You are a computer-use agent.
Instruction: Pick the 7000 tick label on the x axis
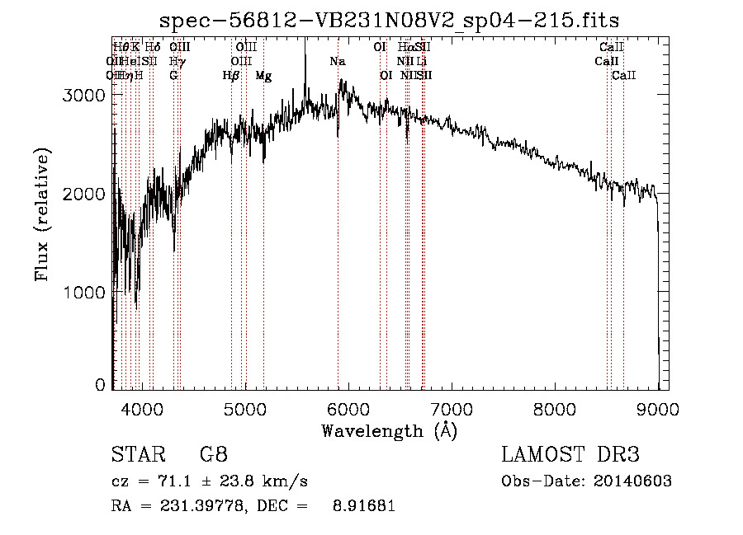(452, 407)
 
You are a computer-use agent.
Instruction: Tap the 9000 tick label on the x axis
(658, 407)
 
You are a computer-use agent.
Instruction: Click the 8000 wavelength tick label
(555, 407)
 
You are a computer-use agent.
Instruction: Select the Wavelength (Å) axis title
(389, 430)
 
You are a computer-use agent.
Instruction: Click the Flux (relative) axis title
(42, 214)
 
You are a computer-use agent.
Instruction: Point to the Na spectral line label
(337, 62)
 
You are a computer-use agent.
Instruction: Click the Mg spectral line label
(263, 76)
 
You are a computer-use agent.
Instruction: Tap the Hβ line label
(231, 76)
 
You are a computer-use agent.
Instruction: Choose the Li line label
(421, 62)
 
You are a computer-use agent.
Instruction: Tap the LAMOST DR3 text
(570, 455)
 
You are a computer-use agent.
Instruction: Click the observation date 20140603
(631, 481)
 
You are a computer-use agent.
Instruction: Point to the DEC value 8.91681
(365, 506)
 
